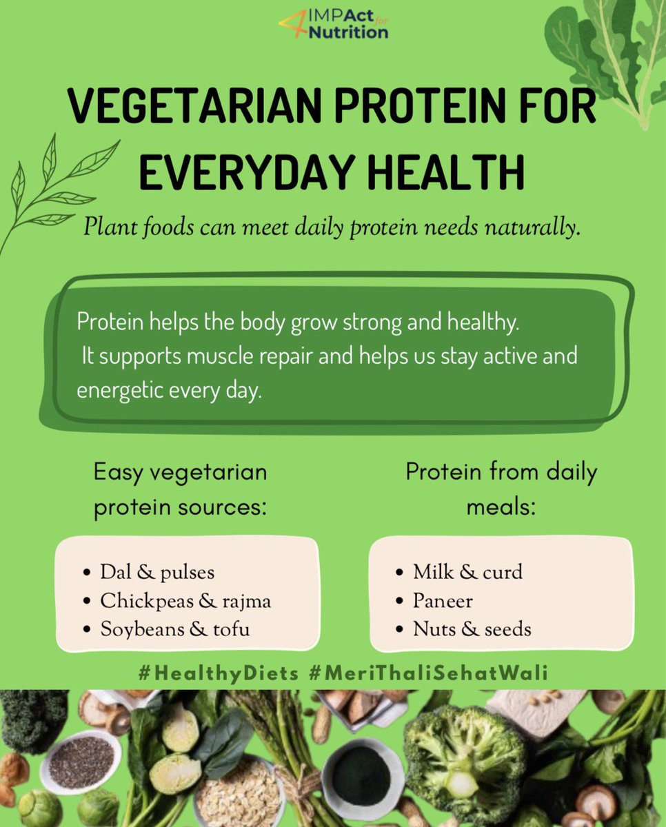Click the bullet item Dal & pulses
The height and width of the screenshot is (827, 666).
coord(157,572)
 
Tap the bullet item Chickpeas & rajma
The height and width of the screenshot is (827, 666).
coord(185,601)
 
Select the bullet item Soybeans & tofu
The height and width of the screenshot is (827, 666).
coord(174,629)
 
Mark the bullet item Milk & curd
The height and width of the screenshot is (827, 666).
coord(467,572)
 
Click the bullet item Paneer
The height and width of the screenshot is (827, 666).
coord(443,601)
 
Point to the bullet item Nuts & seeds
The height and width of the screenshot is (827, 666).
coord(472,629)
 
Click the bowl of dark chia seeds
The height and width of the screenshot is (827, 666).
coord(81,761)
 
